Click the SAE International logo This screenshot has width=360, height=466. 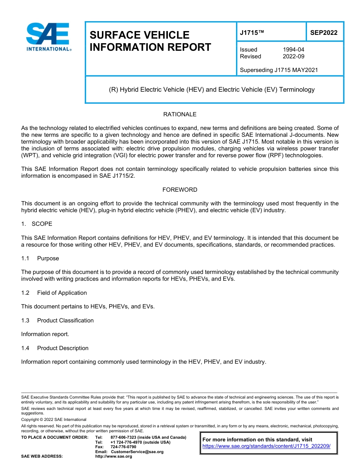(49, 37)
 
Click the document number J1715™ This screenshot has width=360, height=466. (252, 33)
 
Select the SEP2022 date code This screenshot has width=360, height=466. (324, 33)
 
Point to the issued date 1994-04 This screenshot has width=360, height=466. (293, 50)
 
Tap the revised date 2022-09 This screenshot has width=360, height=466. (293, 56)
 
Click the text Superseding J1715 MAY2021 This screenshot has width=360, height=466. (279, 70)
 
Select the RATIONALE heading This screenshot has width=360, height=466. (180, 114)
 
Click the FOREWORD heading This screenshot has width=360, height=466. (180, 190)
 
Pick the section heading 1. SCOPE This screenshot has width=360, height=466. (37, 224)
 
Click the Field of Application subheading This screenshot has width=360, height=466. (62, 293)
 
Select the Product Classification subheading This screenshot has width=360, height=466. (65, 321)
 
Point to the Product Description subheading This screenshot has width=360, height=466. (63, 348)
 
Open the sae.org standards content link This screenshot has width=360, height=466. (266, 446)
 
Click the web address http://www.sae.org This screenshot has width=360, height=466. (113, 457)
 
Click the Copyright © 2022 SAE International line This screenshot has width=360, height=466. (54, 420)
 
